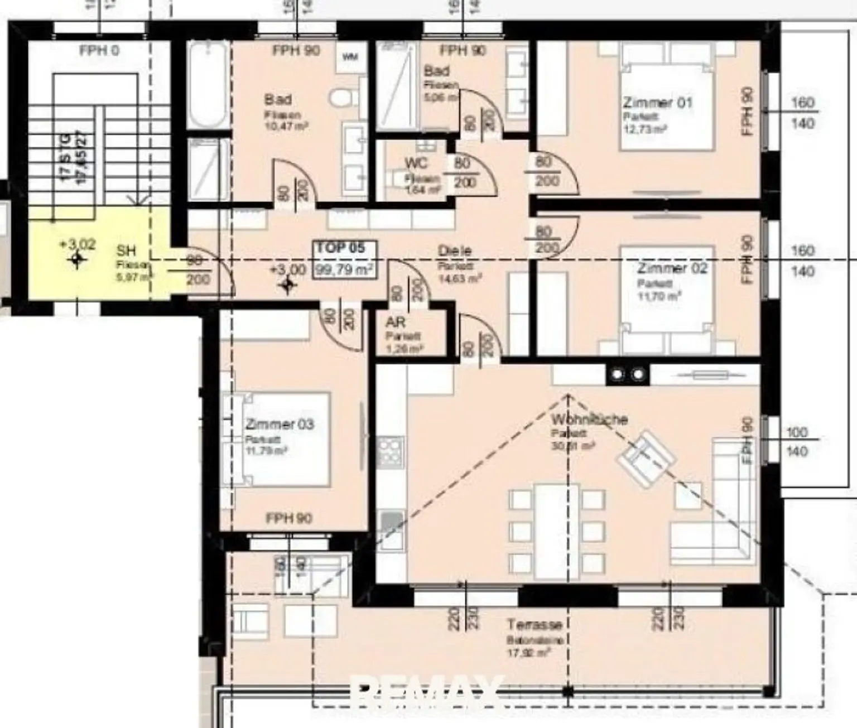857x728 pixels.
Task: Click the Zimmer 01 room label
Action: [657, 103]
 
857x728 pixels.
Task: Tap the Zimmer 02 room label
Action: [672, 268]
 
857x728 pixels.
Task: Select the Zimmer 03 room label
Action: [280, 425]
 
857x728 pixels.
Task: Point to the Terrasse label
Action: [533, 624]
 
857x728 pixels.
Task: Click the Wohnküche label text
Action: [589, 419]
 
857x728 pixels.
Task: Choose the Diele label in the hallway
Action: [454, 252]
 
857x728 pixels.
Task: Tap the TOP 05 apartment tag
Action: [341, 248]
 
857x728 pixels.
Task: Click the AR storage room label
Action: [395, 322]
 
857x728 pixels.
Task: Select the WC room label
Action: [416, 163]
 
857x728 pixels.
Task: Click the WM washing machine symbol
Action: [350, 57]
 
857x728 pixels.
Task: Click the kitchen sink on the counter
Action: [391, 523]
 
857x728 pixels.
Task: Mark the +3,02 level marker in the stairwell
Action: [77, 245]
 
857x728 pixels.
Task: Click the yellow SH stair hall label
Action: [126, 251]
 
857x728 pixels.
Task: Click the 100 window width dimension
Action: [796, 432]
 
